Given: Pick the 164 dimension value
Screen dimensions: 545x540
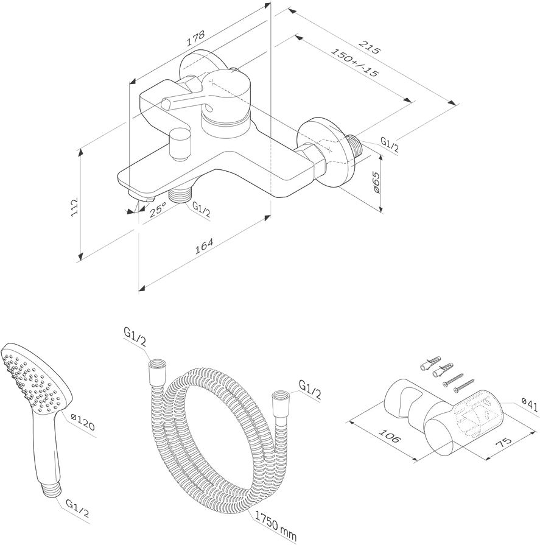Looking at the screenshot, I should [204, 247].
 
